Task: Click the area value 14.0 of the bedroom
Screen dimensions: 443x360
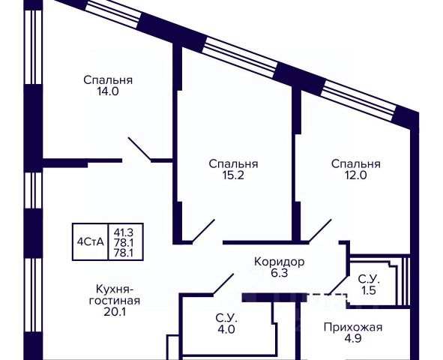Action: (x=108, y=91)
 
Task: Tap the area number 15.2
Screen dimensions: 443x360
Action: (x=233, y=175)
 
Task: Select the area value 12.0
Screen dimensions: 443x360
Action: (x=356, y=175)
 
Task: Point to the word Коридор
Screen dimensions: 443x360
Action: (x=280, y=262)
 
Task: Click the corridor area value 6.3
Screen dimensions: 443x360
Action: (x=280, y=273)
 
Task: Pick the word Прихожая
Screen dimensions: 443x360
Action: (x=353, y=328)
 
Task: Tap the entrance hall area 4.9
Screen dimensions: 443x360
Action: (x=353, y=338)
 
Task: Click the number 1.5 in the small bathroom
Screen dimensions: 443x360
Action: (x=369, y=290)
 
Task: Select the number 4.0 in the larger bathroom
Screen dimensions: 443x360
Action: (x=226, y=329)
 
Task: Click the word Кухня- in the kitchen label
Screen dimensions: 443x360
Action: (x=114, y=289)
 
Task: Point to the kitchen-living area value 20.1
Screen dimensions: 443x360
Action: (x=115, y=312)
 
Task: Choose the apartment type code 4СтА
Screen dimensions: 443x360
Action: (x=91, y=242)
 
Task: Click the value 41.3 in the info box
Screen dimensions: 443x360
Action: (x=124, y=232)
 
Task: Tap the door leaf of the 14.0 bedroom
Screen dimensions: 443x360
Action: (x=140, y=149)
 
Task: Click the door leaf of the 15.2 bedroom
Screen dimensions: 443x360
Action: (x=203, y=230)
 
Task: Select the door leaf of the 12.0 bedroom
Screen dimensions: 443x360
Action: (x=320, y=230)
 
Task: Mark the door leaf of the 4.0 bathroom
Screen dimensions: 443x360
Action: (x=223, y=284)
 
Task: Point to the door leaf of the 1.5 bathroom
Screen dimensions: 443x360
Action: (x=339, y=284)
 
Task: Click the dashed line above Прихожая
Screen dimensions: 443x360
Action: (x=327, y=295)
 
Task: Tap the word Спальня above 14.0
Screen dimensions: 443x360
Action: (x=108, y=80)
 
